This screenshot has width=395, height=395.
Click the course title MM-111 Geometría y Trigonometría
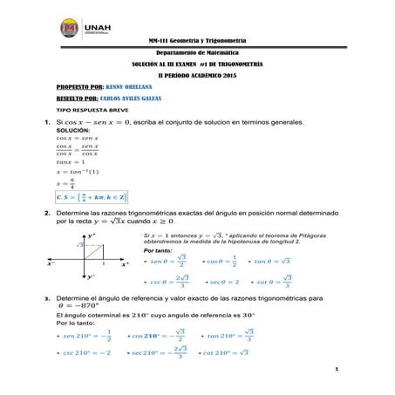pyautogui.click(x=197, y=41)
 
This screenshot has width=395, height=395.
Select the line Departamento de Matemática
pyautogui.click(x=197, y=53)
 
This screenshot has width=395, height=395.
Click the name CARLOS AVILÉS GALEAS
pyautogui.click(x=139, y=100)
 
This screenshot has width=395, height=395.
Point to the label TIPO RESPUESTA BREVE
pyautogui.click(x=86, y=113)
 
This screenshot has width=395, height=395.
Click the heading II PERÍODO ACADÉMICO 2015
pyautogui.click(x=197, y=77)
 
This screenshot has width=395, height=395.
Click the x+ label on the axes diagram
pyautogui.click(x=125, y=263)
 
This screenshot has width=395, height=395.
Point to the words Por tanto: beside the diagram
pyautogui.click(x=158, y=250)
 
